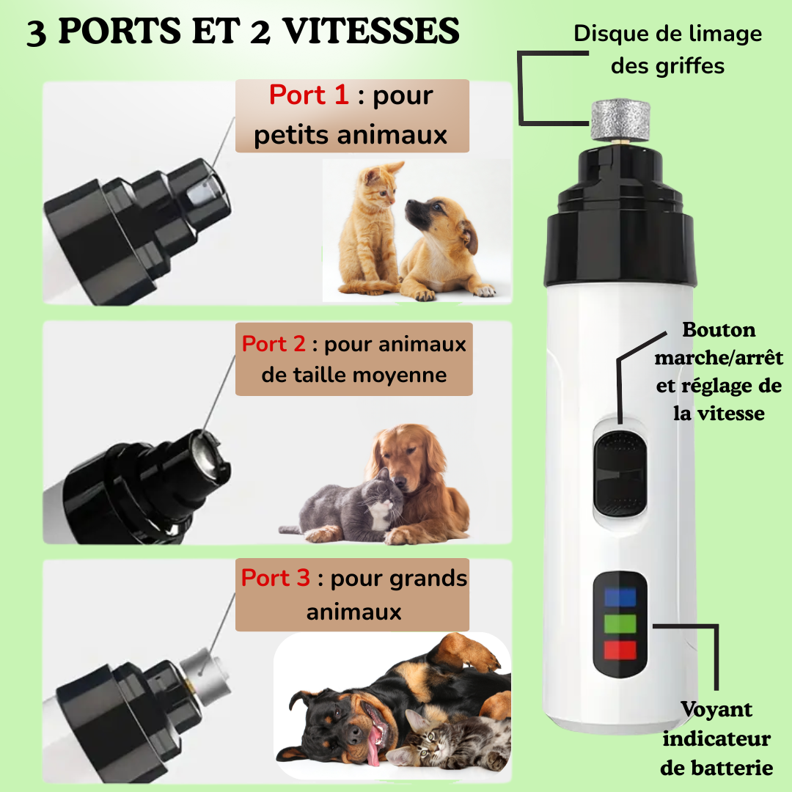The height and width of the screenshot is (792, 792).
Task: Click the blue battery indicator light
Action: click(x=620, y=596)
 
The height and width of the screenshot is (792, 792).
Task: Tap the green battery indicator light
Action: click(x=620, y=623)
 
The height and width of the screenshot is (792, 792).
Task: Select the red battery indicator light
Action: click(x=620, y=650)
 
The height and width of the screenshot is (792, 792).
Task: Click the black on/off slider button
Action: click(x=621, y=473)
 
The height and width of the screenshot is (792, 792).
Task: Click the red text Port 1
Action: click(x=309, y=95)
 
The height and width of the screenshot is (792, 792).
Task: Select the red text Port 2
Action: click(x=274, y=344)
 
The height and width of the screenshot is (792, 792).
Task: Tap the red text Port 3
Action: click(x=276, y=578)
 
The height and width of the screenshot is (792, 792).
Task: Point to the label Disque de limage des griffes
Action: click(x=667, y=49)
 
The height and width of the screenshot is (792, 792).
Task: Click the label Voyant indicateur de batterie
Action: click(x=717, y=738)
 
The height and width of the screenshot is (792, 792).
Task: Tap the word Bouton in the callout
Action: click(x=719, y=330)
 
